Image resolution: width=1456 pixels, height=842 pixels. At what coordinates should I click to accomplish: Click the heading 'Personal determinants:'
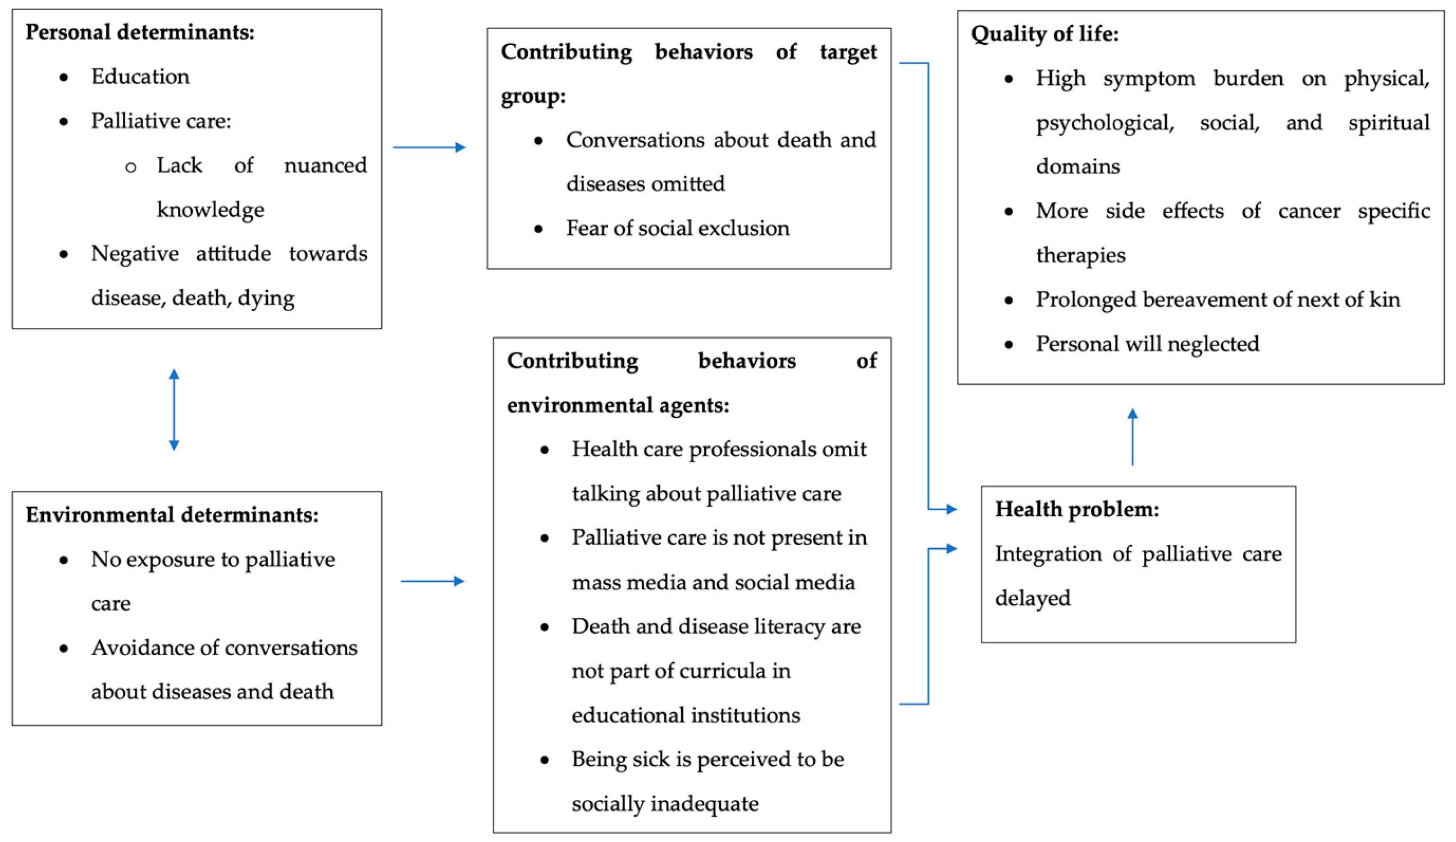pyautogui.click(x=140, y=33)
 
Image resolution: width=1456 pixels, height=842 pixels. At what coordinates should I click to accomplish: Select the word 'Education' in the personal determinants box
pyautogui.click(x=140, y=77)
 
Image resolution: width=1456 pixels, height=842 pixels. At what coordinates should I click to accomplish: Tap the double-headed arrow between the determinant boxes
pyautogui.click(x=174, y=409)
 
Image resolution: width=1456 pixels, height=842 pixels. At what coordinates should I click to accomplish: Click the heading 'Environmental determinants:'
pyautogui.click(x=172, y=515)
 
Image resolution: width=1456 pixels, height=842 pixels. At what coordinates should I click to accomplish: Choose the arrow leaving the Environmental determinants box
pyautogui.click(x=432, y=581)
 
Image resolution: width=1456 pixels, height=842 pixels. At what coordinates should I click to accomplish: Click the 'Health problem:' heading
pyautogui.click(x=1076, y=509)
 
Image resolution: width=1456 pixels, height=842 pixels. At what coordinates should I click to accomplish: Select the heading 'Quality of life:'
pyautogui.click(x=1044, y=34)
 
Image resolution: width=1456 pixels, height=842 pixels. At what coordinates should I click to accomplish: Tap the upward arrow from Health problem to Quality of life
pyautogui.click(x=1133, y=437)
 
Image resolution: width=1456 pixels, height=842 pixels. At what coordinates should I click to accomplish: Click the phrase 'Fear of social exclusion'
pyautogui.click(x=677, y=228)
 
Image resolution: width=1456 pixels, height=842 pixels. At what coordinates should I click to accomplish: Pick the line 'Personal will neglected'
pyautogui.click(x=1147, y=344)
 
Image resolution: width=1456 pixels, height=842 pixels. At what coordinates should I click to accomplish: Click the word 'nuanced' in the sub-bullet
pyautogui.click(x=325, y=166)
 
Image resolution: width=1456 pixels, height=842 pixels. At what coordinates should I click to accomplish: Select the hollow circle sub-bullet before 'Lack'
pyautogui.click(x=131, y=167)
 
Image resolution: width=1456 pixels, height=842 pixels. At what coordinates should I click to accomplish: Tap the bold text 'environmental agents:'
pyautogui.click(x=618, y=405)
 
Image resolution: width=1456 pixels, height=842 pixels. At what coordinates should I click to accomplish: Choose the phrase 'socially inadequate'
pyautogui.click(x=665, y=804)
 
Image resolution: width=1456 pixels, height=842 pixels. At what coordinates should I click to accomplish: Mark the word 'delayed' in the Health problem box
pyautogui.click(x=1033, y=598)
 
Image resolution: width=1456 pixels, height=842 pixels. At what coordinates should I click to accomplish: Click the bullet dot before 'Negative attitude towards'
pyautogui.click(x=64, y=254)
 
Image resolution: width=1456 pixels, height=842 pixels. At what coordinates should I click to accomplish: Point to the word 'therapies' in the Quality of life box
pyautogui.click(x=1080, y=256)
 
